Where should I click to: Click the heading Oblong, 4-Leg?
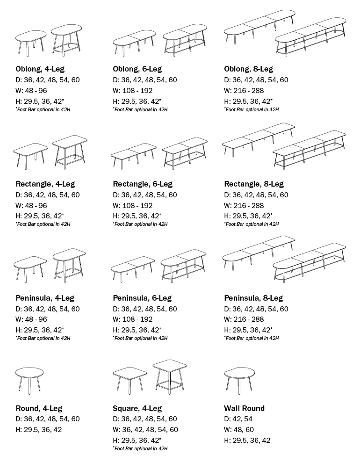click(40, 69)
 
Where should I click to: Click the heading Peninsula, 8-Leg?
click(253, 298)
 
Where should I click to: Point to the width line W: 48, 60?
click(239, 430)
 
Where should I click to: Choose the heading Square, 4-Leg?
click(137, 408)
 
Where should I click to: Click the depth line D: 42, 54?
click(238, 419)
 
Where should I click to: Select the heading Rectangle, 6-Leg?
click(142, 184)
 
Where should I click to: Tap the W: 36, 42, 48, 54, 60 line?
click(145, 430)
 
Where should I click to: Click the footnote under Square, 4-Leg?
click(140, 448)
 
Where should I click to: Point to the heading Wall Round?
click(244, 408)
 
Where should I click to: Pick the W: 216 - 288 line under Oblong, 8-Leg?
click(244, 91)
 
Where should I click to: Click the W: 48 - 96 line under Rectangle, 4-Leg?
click(31, 206)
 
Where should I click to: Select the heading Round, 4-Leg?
click(39, 408)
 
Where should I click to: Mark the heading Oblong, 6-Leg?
click(137, 69)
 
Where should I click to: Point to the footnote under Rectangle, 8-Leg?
click(251, 224)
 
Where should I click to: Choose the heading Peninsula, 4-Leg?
click(44, 298)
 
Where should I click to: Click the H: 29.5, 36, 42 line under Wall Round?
click(247, 440)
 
